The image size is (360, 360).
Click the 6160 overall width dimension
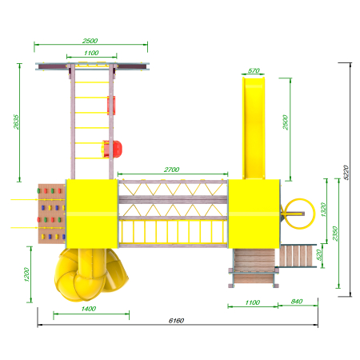[x=176, y=321]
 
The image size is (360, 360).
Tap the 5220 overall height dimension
[x=346, y=173]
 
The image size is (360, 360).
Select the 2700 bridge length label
[x=171, y=170]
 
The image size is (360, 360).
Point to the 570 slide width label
[x=254, y=70]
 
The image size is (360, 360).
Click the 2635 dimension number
[x=16, y=122]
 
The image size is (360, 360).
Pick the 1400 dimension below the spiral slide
[x=89, y=309]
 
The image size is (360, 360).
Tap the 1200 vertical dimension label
[x=26, y=274]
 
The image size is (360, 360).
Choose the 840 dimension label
[x=297, y=302]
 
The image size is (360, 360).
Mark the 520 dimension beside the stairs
[x=318, y=255]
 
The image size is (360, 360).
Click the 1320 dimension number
[x=323, y=210]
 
